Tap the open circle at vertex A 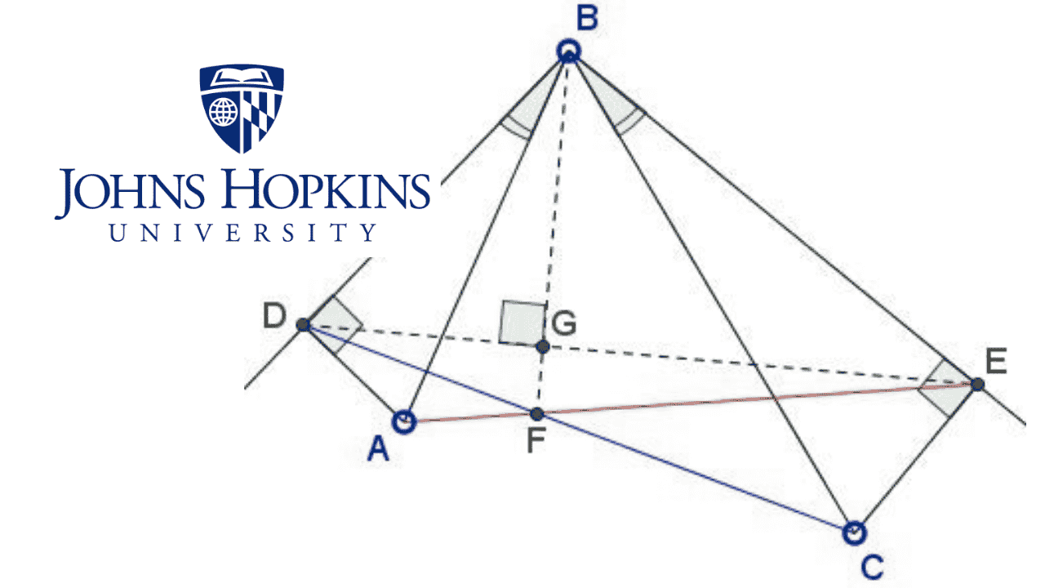404,421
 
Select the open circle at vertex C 853,532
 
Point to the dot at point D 303,324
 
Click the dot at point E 977,383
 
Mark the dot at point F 537,414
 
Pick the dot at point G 542,346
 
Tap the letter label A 377,448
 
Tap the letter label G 563,324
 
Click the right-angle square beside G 522,322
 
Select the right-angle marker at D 331,324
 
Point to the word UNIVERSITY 243,233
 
